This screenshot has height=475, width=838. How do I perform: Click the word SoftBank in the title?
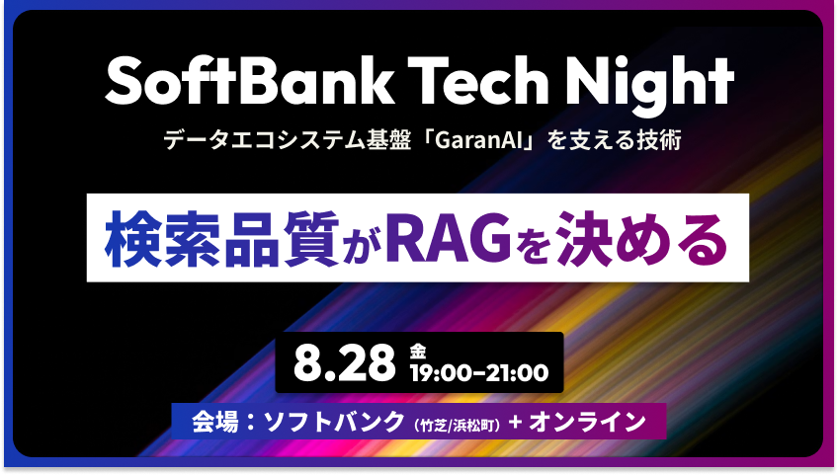click(249, 81)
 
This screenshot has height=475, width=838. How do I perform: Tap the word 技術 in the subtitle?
click(659, 140)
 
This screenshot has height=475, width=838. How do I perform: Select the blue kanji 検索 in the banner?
click(162, 239)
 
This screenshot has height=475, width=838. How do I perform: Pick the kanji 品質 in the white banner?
click(282, 239)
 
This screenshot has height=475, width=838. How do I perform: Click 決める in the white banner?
click(642, 239)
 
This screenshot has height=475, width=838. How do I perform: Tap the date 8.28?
click(344, 363)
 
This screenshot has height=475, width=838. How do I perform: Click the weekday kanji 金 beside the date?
click(418, 352)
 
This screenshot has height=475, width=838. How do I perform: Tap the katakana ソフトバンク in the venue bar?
click(335, 421)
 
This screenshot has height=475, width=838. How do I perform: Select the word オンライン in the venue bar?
click(587, 421)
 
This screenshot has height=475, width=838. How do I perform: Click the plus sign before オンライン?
click(515, 422)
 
